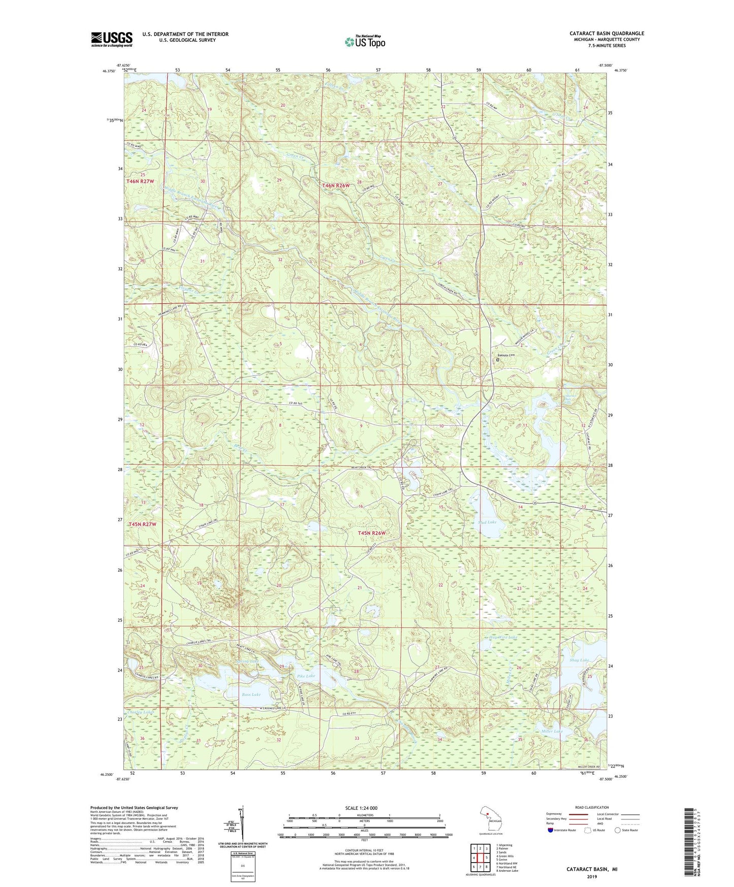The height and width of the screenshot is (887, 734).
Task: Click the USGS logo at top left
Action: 112,39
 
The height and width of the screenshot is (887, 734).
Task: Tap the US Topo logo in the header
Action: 364,42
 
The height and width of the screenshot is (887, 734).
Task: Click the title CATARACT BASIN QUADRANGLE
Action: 607,34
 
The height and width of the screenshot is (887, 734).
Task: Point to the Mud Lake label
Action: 487,522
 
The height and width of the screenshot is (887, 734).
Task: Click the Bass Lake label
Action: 251,694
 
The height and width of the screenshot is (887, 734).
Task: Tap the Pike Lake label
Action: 306,676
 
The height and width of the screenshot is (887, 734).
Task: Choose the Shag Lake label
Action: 580,660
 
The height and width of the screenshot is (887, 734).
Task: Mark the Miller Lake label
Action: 552,731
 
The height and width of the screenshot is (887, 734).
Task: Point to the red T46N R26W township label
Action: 336,186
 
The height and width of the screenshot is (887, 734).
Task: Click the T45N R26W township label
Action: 372,533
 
